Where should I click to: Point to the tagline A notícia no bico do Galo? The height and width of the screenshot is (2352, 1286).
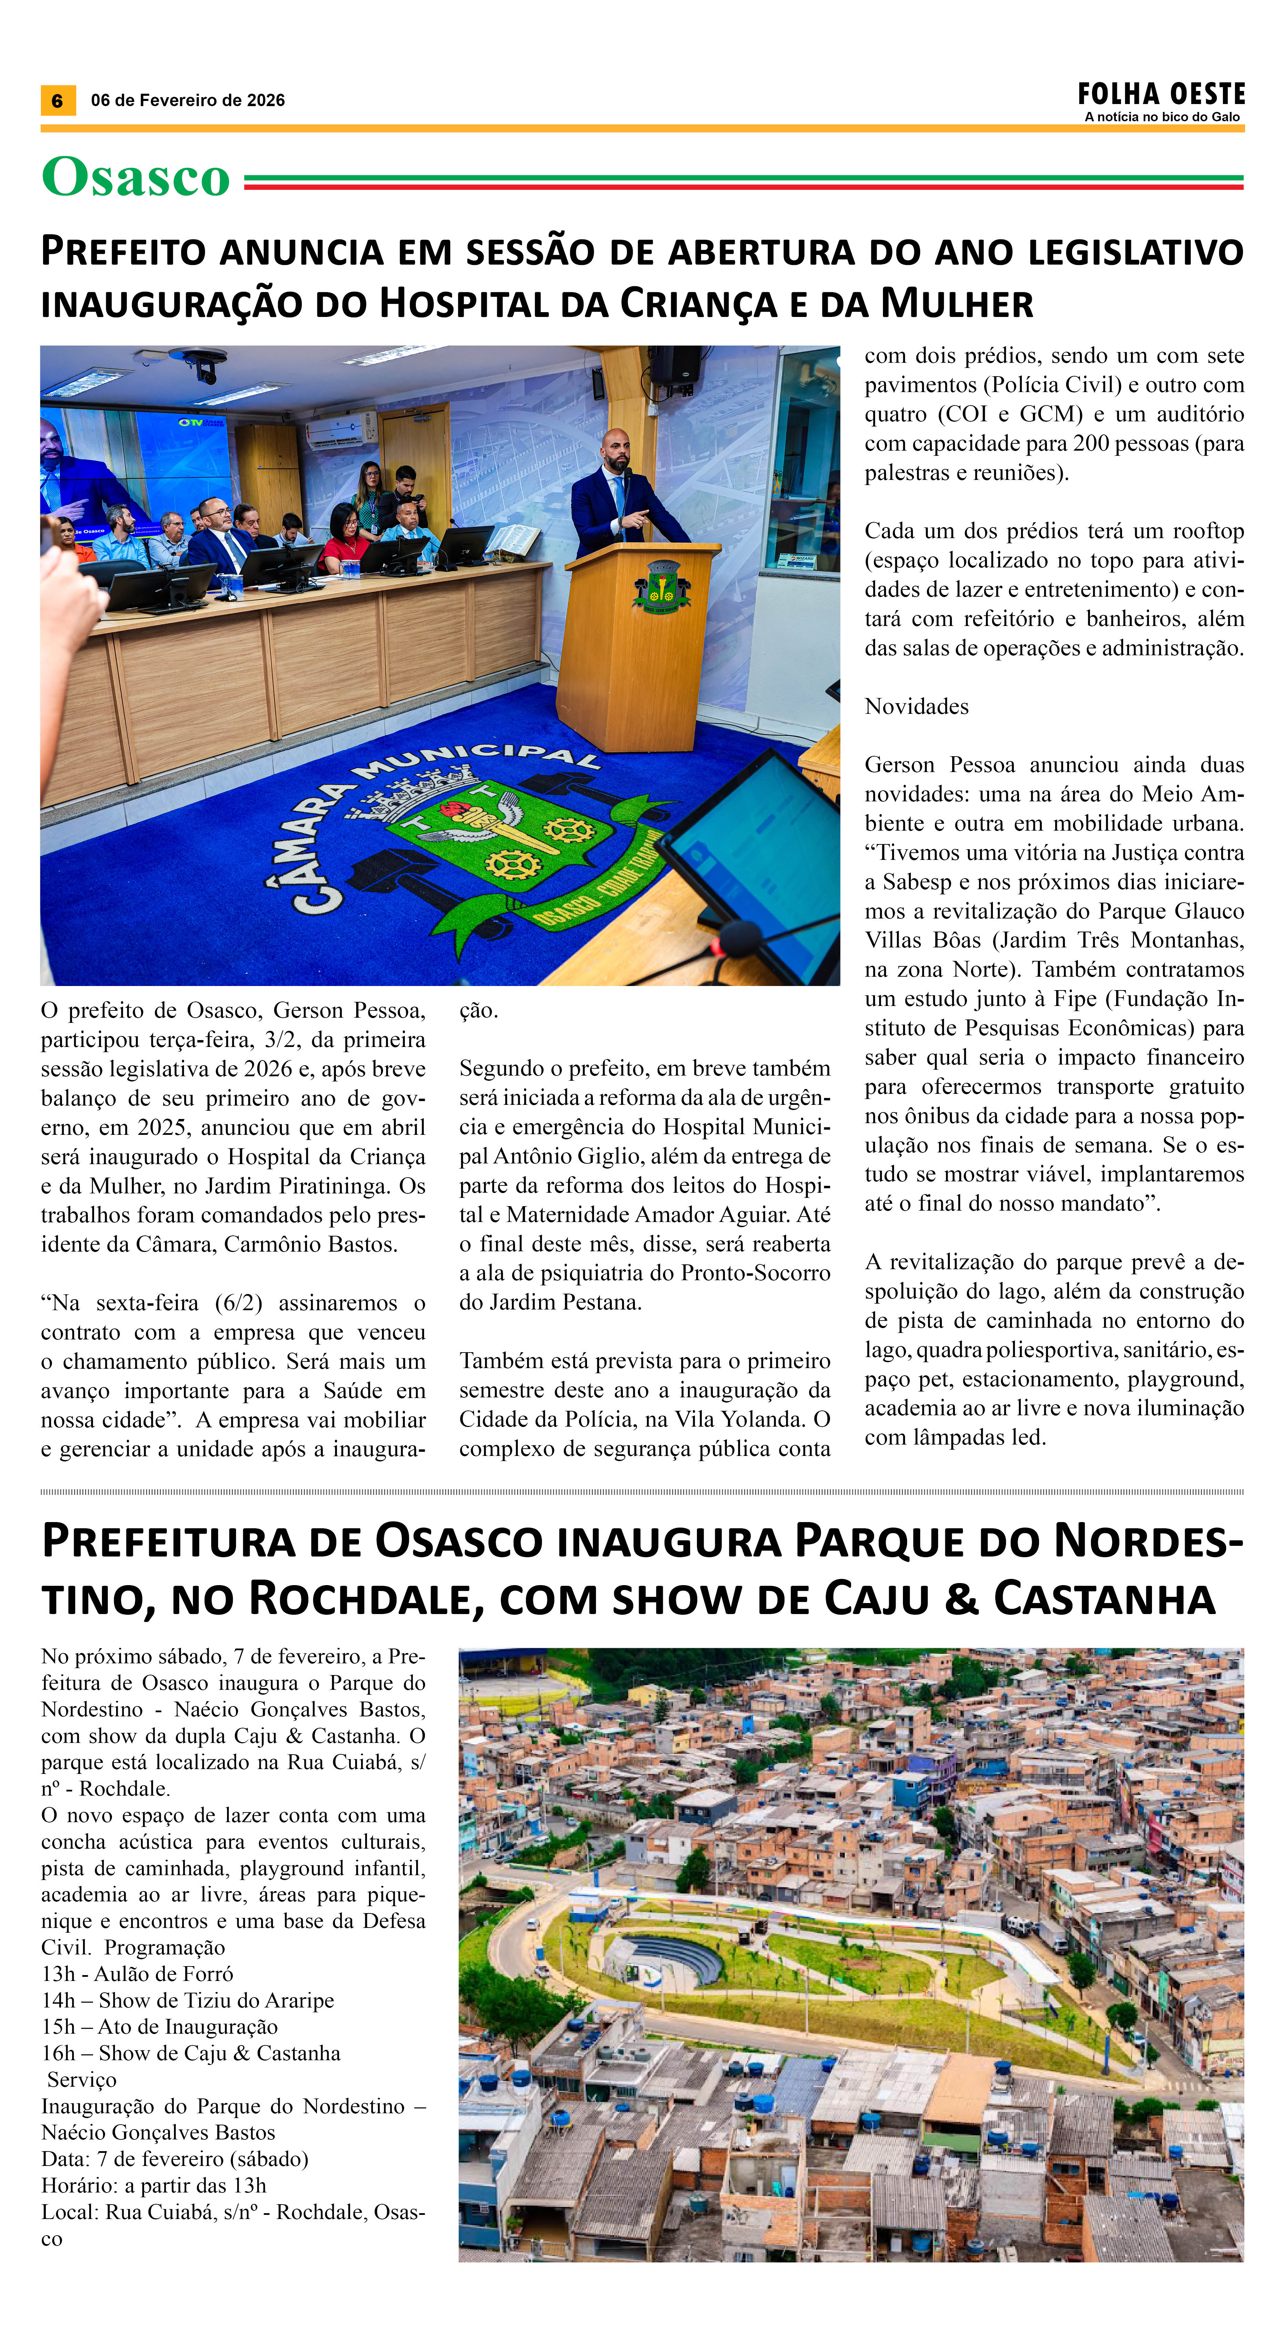[x=1161, y=117]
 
